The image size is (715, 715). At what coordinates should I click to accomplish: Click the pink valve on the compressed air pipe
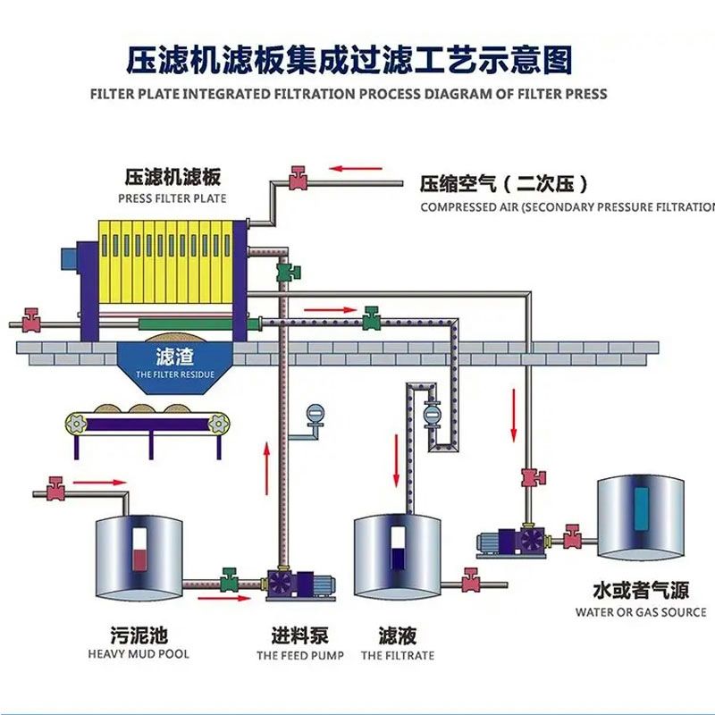298,178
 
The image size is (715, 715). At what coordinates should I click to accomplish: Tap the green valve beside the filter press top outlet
288,272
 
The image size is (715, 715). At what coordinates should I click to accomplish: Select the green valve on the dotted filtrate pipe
371,318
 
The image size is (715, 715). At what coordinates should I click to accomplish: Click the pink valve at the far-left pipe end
31,320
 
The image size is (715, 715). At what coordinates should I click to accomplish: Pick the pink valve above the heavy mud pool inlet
55,489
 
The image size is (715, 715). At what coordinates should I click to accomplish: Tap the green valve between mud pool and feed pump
229,579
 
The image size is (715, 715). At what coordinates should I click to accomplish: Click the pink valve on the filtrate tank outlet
471,580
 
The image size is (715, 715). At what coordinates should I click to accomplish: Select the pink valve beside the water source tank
572,536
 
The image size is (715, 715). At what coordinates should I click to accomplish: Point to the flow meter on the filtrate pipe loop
431,415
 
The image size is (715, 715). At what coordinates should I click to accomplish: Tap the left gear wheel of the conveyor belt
76,424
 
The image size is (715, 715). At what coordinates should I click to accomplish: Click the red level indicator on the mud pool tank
139,560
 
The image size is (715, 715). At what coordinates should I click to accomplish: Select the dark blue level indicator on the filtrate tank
398,559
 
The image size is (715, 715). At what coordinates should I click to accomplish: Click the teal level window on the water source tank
641,509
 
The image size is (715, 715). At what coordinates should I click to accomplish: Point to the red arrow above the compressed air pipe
356,168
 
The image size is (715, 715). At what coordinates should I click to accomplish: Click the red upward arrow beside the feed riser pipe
266,467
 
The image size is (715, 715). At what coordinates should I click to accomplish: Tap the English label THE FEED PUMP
300,656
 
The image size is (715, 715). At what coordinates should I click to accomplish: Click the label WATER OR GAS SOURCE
641,612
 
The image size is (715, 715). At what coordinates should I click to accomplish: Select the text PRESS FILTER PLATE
172,198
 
